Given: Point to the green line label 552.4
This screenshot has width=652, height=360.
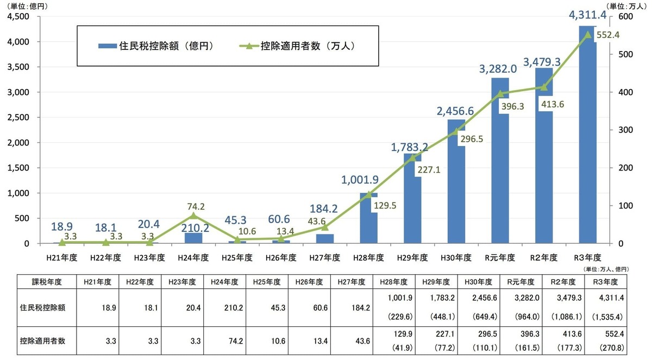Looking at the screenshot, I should tap(608, 35).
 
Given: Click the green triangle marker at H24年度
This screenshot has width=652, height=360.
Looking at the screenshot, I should tap(193, 216).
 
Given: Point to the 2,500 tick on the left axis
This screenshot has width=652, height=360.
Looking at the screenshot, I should tap(20, 117).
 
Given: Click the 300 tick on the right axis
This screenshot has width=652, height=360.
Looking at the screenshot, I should tap(618, 130).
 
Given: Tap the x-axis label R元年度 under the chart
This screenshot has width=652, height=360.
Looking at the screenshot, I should tap(500, 257).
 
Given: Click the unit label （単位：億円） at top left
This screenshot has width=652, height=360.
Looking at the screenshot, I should tap(27, 6).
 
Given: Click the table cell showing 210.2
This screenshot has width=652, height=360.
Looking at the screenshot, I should tap(222, 307).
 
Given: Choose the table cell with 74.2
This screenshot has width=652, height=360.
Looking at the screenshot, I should tap(222, 341).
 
